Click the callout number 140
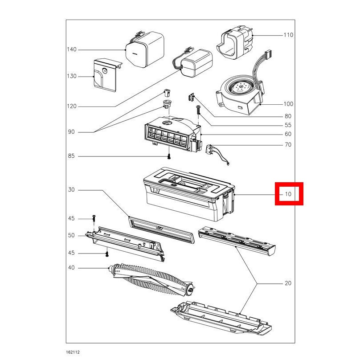(72, 49)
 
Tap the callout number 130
(72, 76)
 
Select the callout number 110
(288, 35)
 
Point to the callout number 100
(288, 104)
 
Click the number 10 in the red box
(288, 194)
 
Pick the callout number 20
(288, 283)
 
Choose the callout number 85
(71, 156)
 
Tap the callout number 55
(288, 125)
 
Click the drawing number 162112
(73, 352)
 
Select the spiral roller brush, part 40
(152, 279)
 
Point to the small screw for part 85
(169, 156)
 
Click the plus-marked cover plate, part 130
(107, 75)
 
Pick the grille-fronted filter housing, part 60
(173, 134)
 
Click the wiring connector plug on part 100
(268, 54)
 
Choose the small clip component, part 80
(191, 97)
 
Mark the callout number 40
(71, 268)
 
